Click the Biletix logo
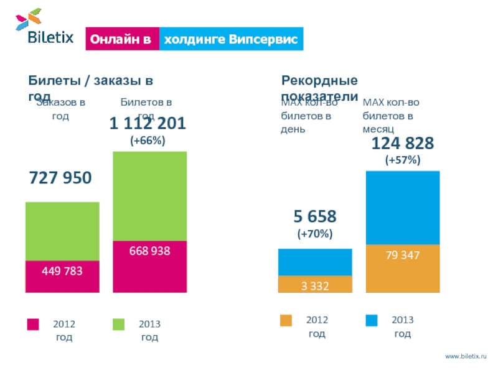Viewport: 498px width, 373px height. [44, 27]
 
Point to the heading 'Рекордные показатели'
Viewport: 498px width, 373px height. [319, 88]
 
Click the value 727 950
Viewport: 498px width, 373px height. [60, 178]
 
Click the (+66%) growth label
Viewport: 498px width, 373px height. [148, 140]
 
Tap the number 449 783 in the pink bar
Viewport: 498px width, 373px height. [62, 271]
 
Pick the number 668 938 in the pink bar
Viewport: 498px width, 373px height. [149, 251]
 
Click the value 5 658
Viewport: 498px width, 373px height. [315, 216]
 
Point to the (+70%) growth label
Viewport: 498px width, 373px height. [315, 234]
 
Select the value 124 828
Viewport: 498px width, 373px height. [403, 144]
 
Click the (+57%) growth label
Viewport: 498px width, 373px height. [403, 160]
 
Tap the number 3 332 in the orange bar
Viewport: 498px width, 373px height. [315, 285]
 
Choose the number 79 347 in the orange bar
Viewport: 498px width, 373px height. [403, 255]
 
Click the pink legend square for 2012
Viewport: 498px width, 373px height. [33, 325]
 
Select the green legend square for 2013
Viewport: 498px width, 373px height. [118, 325]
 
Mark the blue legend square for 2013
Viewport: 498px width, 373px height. [372, 321]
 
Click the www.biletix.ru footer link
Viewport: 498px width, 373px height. [465, 355]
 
